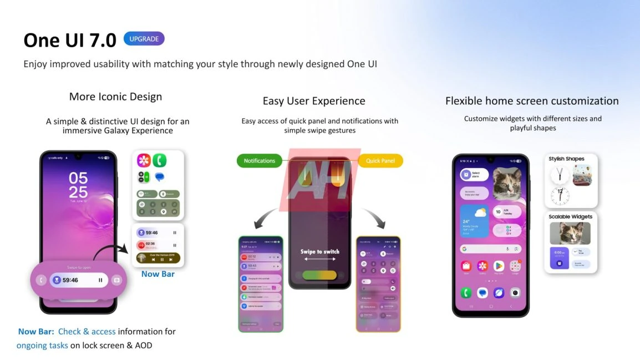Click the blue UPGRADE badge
click(144, 39)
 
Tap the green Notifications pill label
click(259, 161)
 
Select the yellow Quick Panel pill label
click(380, 161)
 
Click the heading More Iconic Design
click(115, 97)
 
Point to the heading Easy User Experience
click(314, 101)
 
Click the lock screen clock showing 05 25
click(78, 185)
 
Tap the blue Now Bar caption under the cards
click(158, 273)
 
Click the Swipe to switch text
click(320, 252)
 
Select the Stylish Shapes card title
click(566, 159)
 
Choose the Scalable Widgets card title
click(570, 217)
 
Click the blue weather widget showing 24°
click(474, 221)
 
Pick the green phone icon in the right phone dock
click(466, 292)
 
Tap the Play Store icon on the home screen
click(499, 266)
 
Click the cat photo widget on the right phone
click(507, 184)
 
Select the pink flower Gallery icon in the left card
click(144, 161)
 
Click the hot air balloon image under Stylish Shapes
click(582, 175)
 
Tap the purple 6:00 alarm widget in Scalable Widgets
click(559, 258)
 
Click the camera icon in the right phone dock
click(515, 292)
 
